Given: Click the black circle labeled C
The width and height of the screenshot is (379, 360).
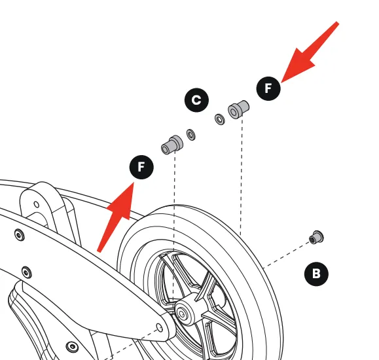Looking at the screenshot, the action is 196,100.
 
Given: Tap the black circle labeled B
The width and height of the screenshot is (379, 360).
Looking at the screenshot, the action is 316,274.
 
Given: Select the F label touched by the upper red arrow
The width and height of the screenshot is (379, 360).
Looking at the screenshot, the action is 268,88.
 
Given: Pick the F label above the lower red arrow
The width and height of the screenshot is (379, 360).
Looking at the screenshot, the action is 141,167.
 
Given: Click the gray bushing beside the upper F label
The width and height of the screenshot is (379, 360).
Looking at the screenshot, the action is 238,109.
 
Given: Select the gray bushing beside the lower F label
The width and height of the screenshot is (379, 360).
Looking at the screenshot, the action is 172,145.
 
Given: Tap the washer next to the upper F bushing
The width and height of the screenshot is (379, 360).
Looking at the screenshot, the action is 220,119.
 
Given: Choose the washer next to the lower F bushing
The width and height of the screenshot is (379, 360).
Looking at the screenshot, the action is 191,135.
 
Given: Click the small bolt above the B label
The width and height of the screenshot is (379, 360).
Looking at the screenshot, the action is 316,238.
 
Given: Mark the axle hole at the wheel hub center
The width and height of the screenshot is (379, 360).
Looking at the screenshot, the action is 181,314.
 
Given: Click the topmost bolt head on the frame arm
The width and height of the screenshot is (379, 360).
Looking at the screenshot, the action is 20,235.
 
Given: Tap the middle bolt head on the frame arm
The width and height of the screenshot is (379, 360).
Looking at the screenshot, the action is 27,272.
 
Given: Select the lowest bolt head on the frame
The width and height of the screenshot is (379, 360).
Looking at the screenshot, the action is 72,347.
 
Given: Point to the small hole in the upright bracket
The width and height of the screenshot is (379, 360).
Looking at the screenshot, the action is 37,204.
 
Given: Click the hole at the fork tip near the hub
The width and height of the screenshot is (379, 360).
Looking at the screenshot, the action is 160,328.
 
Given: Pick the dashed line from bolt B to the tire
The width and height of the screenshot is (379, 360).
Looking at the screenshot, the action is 287,255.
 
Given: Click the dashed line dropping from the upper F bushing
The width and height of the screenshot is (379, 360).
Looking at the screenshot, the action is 242,177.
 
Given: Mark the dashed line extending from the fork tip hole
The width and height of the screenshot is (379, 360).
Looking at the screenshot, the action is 130,344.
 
